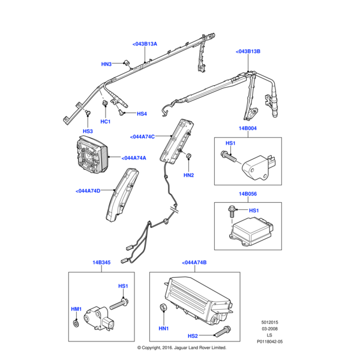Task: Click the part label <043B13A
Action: [x=144, y=44]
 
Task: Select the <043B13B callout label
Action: [x=248, y=52]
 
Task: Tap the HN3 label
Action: [x=106, y=64]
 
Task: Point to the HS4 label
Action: [x=142, y=114]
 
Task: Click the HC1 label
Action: [x=106, y=122]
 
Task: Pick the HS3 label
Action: [x=88, y=131]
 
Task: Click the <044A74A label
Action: [x=134, y=158]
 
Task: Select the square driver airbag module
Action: [x=92, y=155]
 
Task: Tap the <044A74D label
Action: [x=89, y=191]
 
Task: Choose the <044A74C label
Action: [x=142, y=137]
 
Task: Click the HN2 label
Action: [x=188, y=175]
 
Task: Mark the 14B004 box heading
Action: [x=248, y=128]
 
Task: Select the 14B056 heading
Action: [x=248, y=194]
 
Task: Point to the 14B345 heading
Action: [x=101, y=263]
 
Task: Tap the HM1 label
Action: [x=76, y=309]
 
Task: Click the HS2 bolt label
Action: [x=193, y=336]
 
